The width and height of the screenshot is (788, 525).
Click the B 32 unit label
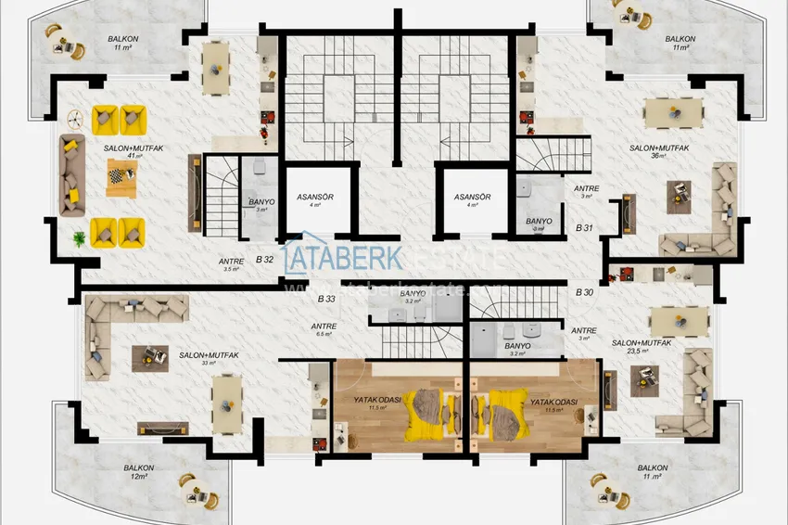[x=264, y=261]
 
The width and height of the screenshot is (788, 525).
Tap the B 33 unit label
[x=325, y=299]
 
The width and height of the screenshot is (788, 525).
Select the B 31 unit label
[x=584, y=227]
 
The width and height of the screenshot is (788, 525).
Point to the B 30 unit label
[x=584, y=293]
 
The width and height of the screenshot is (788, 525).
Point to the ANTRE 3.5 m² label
[x=231, y=264]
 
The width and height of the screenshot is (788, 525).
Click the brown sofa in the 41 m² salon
[x=71, y=175]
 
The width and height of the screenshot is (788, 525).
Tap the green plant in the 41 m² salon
[x=81, y=238]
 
